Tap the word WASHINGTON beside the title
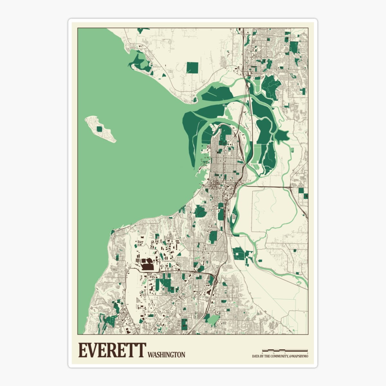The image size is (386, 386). (166, 355)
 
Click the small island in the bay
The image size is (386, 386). (100, 129)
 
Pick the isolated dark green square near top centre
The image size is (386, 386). (192, 68)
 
